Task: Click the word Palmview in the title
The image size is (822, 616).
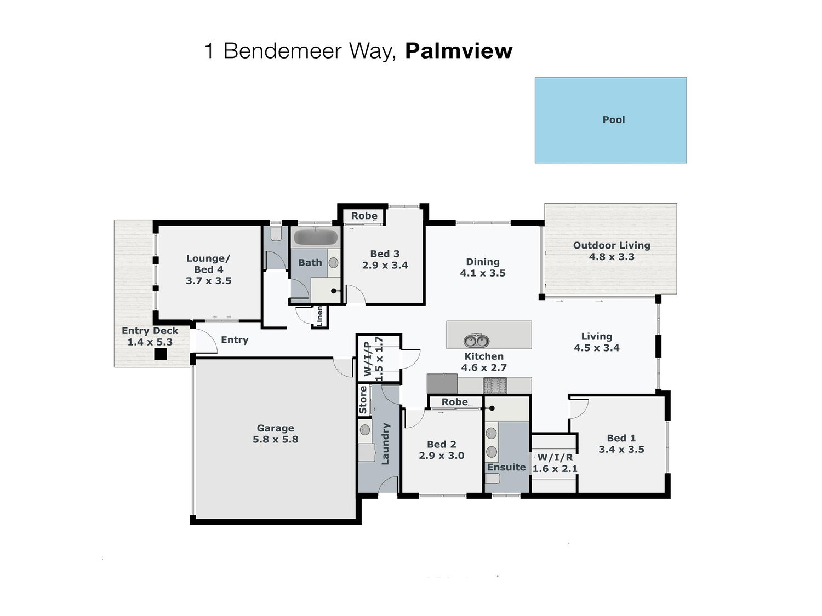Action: (458, 51)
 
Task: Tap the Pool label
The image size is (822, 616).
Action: (613, 120)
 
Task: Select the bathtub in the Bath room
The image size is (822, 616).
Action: (316, 237)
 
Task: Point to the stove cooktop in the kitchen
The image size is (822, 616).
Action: (495, 385)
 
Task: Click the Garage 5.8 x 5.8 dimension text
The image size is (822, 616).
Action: (275, 439)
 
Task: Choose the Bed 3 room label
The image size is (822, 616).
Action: (385, 254)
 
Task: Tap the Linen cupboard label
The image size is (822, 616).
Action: (319, 316)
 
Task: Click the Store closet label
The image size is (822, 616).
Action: (363, 400)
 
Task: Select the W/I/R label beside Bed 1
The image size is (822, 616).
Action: (555, 457)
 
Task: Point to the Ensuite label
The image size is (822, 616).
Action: (506, 467)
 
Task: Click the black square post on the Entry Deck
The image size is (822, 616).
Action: (161, 354)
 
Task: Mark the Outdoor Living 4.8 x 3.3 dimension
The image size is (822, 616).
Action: (612, 257)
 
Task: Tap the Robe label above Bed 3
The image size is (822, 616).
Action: (364, 216)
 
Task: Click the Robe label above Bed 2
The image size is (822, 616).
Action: (455, 402)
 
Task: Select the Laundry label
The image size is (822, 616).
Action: (385, 444)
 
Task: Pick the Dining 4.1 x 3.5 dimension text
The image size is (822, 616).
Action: (483, 273)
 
